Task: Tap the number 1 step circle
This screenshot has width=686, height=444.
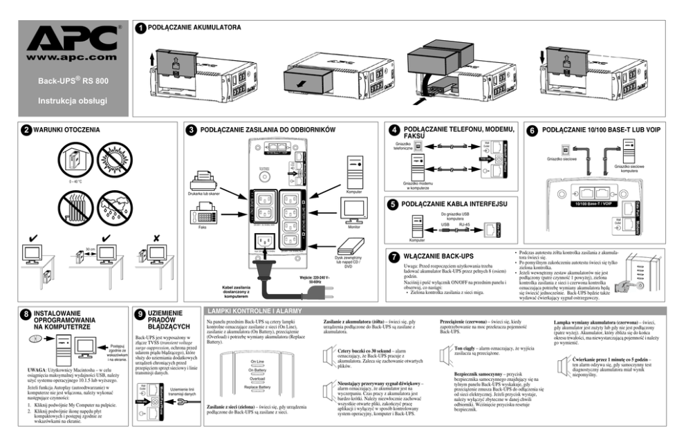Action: coord(140,29)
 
